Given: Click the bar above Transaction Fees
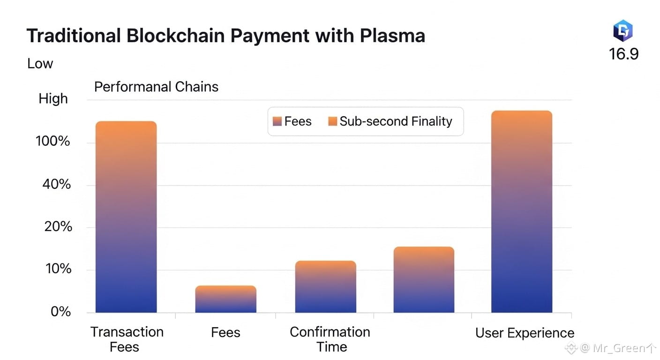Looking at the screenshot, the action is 126,217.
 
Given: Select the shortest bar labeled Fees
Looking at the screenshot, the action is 225,299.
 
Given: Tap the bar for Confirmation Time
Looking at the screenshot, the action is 325,286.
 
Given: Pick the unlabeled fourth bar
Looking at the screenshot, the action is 424,279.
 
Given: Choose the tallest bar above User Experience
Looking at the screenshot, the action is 521,211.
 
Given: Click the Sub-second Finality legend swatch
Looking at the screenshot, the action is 333,121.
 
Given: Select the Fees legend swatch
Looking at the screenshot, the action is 277,121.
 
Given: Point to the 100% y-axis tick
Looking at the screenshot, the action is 52,141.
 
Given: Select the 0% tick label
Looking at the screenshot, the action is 60,312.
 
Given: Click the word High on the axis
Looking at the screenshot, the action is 53,99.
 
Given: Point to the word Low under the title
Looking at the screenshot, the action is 40,64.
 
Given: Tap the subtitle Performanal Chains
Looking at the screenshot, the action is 156,87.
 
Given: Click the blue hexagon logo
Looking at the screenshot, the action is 623,31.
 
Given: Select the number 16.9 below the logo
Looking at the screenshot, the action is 623,54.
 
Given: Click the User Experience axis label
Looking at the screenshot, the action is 525,333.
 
